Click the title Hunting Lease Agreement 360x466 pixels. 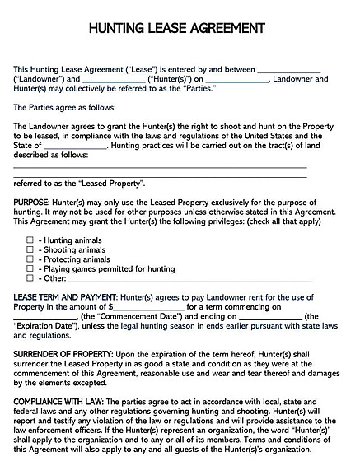point(180,27)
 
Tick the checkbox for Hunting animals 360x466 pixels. point(30,240)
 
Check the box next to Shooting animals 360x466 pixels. point(30,249)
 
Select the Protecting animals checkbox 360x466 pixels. point(30,259)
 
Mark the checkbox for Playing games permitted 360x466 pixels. point(30,269)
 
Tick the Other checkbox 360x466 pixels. point(30,279)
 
